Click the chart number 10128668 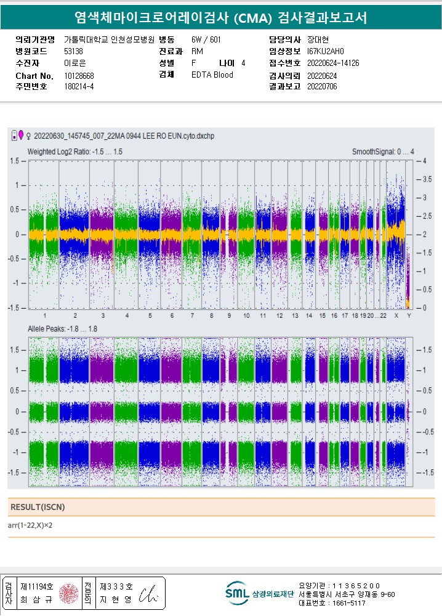click(x=79, y=76)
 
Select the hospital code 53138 click(x=73, y=51)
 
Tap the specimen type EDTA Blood click(x=212, y=75)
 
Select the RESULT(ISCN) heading click(x=38, y=507)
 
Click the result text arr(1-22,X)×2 click(x=30, y=525)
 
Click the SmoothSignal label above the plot click(x=383, y=152)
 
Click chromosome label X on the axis click(x=396, y=316)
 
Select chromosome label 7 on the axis click(x=192, y=316)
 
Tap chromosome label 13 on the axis click(x=295, y=316)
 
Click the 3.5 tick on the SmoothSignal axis click(x=426, y=179)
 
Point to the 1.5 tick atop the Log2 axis click(x=14, y=161)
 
